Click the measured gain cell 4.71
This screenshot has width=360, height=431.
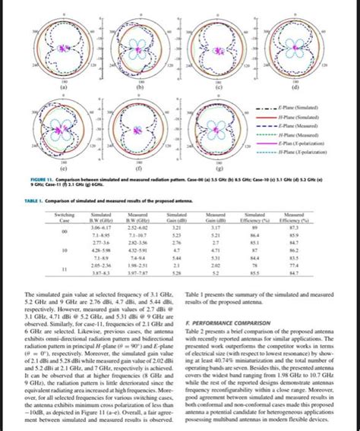pyautogui.click(x=216, y=249)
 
